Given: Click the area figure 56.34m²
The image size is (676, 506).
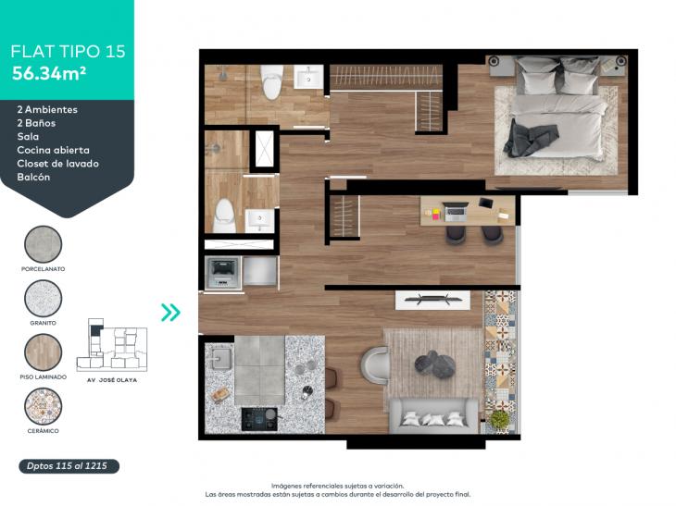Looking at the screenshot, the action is click(x=49, y=73).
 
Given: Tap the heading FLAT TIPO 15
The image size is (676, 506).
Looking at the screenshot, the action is click(x=68, y=51).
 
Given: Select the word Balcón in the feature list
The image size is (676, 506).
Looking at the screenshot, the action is click(x=33, y=177).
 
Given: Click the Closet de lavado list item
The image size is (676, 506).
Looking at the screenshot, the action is click(x=57, y=164).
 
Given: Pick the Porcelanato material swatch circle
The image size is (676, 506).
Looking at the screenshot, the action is click(x=44, y=244).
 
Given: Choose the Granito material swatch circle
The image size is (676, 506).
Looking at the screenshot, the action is click(x=44, y=298).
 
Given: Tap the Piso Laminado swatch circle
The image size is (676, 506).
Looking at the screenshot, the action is click(x=44, y=352).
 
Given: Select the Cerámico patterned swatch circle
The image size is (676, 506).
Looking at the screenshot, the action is click(x=44, y=406).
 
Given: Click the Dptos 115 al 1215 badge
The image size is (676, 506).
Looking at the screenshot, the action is click(x=69, y=466).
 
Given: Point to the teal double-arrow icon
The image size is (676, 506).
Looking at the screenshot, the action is click(x=170, y=313).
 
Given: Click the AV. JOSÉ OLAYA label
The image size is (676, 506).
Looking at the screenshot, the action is click(x=112, y=380).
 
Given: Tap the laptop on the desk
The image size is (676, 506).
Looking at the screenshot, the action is click(x=456, y=212).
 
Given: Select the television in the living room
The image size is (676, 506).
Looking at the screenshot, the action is click(x=432, y=299).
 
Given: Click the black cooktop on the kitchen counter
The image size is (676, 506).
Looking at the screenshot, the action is click(x=259, y=419).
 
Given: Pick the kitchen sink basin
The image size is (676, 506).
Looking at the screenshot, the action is click(x=221, y=358).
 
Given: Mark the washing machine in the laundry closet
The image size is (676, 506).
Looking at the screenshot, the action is click(x=222, y=273).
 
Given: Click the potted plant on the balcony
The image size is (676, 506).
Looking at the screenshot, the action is click(x=499, y=418).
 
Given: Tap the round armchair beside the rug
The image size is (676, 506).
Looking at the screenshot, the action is click(x=374, y=364).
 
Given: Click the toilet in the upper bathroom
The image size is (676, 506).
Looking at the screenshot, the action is click(x=271, y=81).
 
